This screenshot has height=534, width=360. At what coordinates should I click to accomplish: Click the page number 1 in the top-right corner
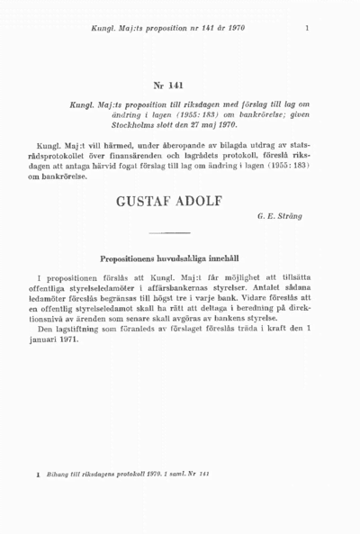[x=308, y=28]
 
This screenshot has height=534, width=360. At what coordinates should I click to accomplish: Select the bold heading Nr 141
[x=168, y=86]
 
